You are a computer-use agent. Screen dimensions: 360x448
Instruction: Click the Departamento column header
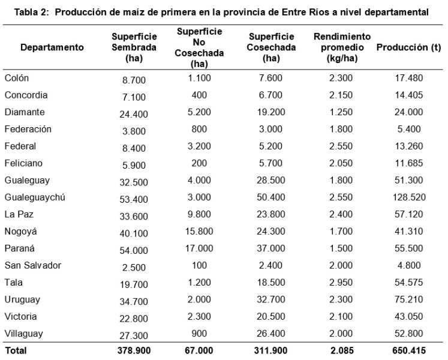point(52,47)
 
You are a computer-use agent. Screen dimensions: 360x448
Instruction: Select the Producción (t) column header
point(408,47)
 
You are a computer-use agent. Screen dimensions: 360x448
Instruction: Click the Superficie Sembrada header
point(134,47)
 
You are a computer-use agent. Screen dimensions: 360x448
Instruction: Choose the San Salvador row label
point(32,265)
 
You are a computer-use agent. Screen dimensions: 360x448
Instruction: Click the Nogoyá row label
point(22,231)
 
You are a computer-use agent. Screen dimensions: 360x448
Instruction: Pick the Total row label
point(16,349)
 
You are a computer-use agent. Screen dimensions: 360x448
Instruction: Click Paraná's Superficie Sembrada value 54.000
point(134,249)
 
